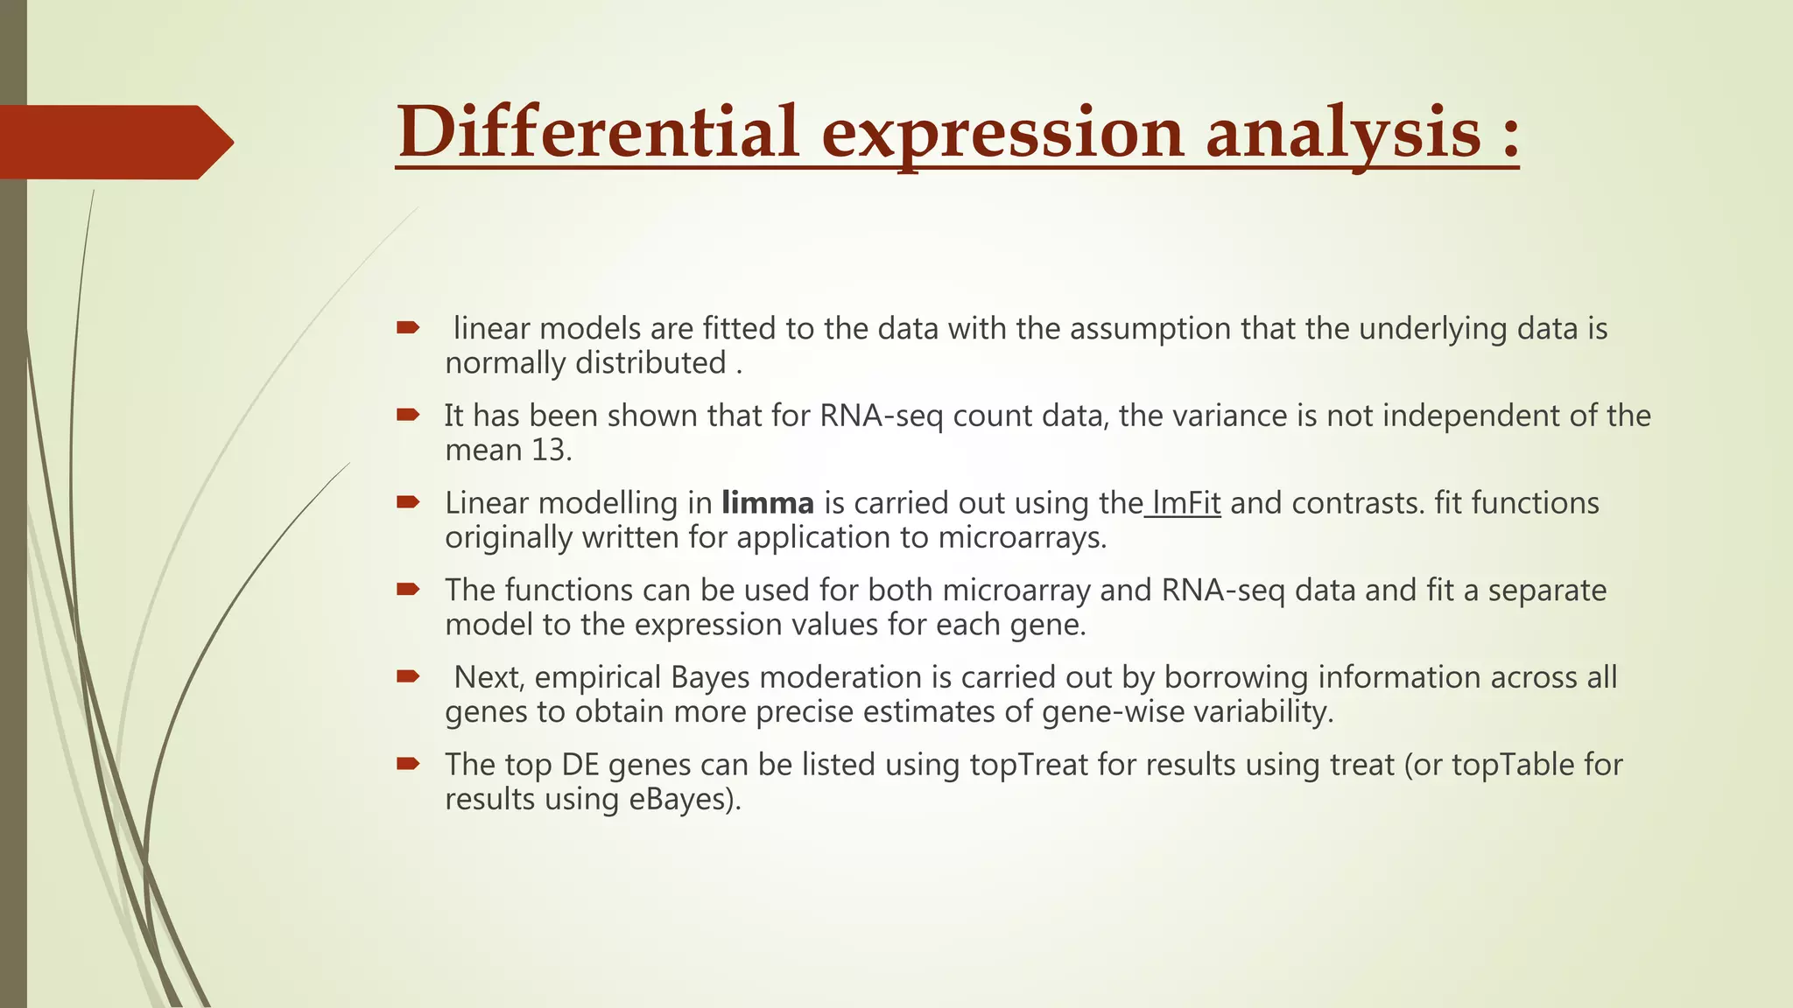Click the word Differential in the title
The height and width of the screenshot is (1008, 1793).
click(x=598, y=132)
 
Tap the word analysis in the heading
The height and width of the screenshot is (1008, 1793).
click(x=1343, y=132)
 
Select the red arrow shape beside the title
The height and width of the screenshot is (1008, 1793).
click(x=114, y=142)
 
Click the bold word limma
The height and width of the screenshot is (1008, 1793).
click(x=767, y=503)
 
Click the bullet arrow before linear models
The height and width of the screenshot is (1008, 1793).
click(x=408, y=328)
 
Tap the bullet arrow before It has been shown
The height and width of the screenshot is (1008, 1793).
click(x=408, y=415)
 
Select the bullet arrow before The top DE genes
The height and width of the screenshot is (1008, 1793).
click(x=408, y=764)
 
